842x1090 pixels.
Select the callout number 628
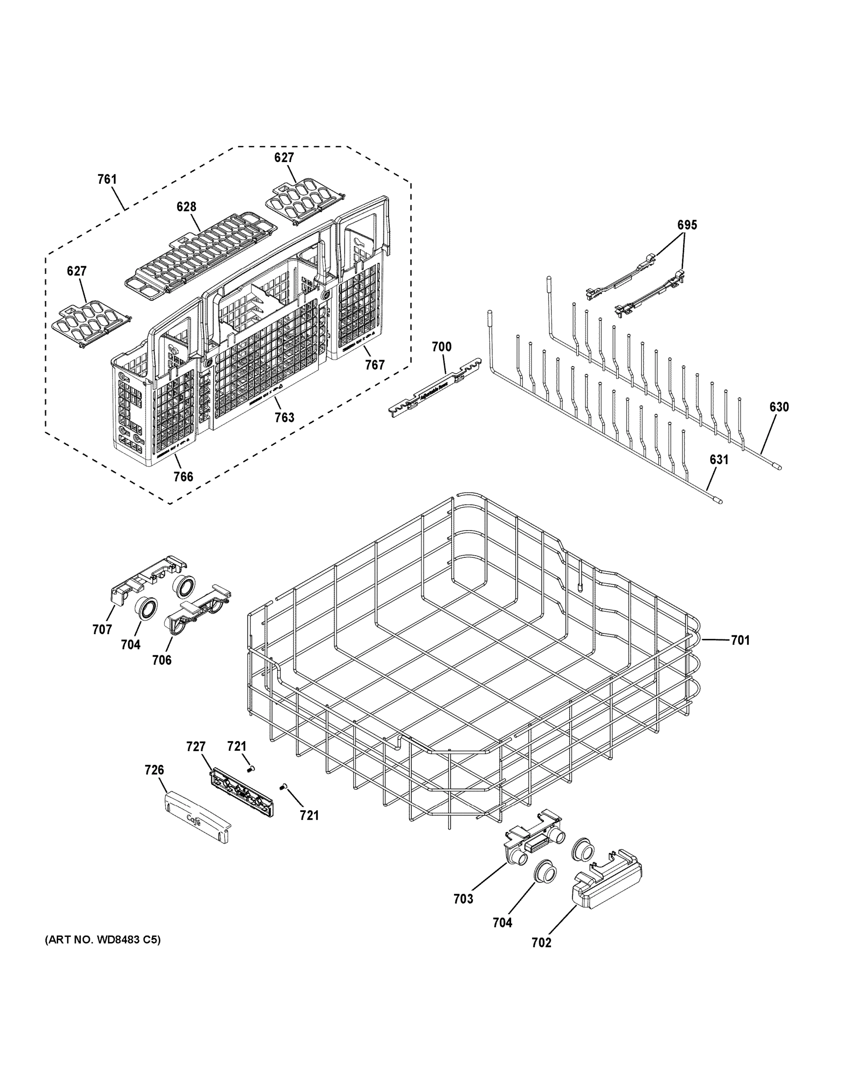coord(186,207)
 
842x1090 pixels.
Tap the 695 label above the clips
coord(687,225)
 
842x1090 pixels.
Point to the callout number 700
coord(442,347)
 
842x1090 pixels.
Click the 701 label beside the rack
coord(740,640)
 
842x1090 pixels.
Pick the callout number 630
coord(778,407)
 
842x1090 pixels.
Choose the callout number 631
coord(719,460)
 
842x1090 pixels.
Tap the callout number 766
coord(183,476)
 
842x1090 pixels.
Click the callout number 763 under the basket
coord(284,417)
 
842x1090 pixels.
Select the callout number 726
coord(154,770)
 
